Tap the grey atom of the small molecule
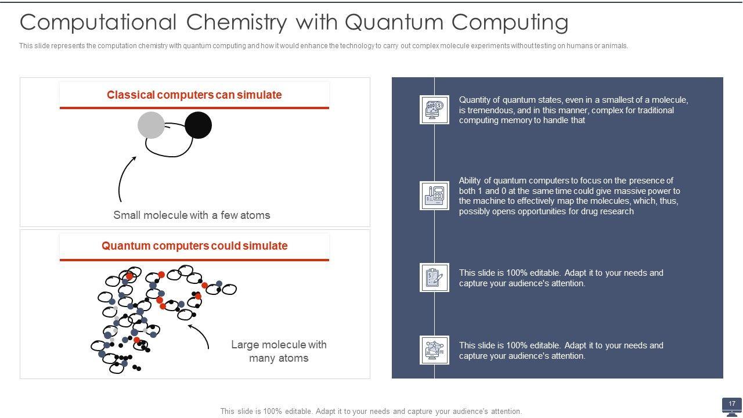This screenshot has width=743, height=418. click(151, 125)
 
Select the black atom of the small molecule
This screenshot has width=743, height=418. click(199, 125)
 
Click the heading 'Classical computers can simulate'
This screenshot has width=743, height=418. click(194, 95)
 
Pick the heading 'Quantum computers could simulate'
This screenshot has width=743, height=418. click(194, 246)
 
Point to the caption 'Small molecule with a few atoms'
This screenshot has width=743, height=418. click(192, 215)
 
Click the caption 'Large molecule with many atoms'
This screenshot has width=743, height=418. click(279, 351)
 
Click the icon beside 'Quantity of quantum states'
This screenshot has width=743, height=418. click(434, 110)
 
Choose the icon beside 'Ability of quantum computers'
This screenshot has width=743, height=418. click(434, 196)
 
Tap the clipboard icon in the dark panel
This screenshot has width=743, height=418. click(434, 278)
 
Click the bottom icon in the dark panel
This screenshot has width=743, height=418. click(434, 350)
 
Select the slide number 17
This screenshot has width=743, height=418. click(732, 403)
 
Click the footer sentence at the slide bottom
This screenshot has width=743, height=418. click(371, 411)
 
